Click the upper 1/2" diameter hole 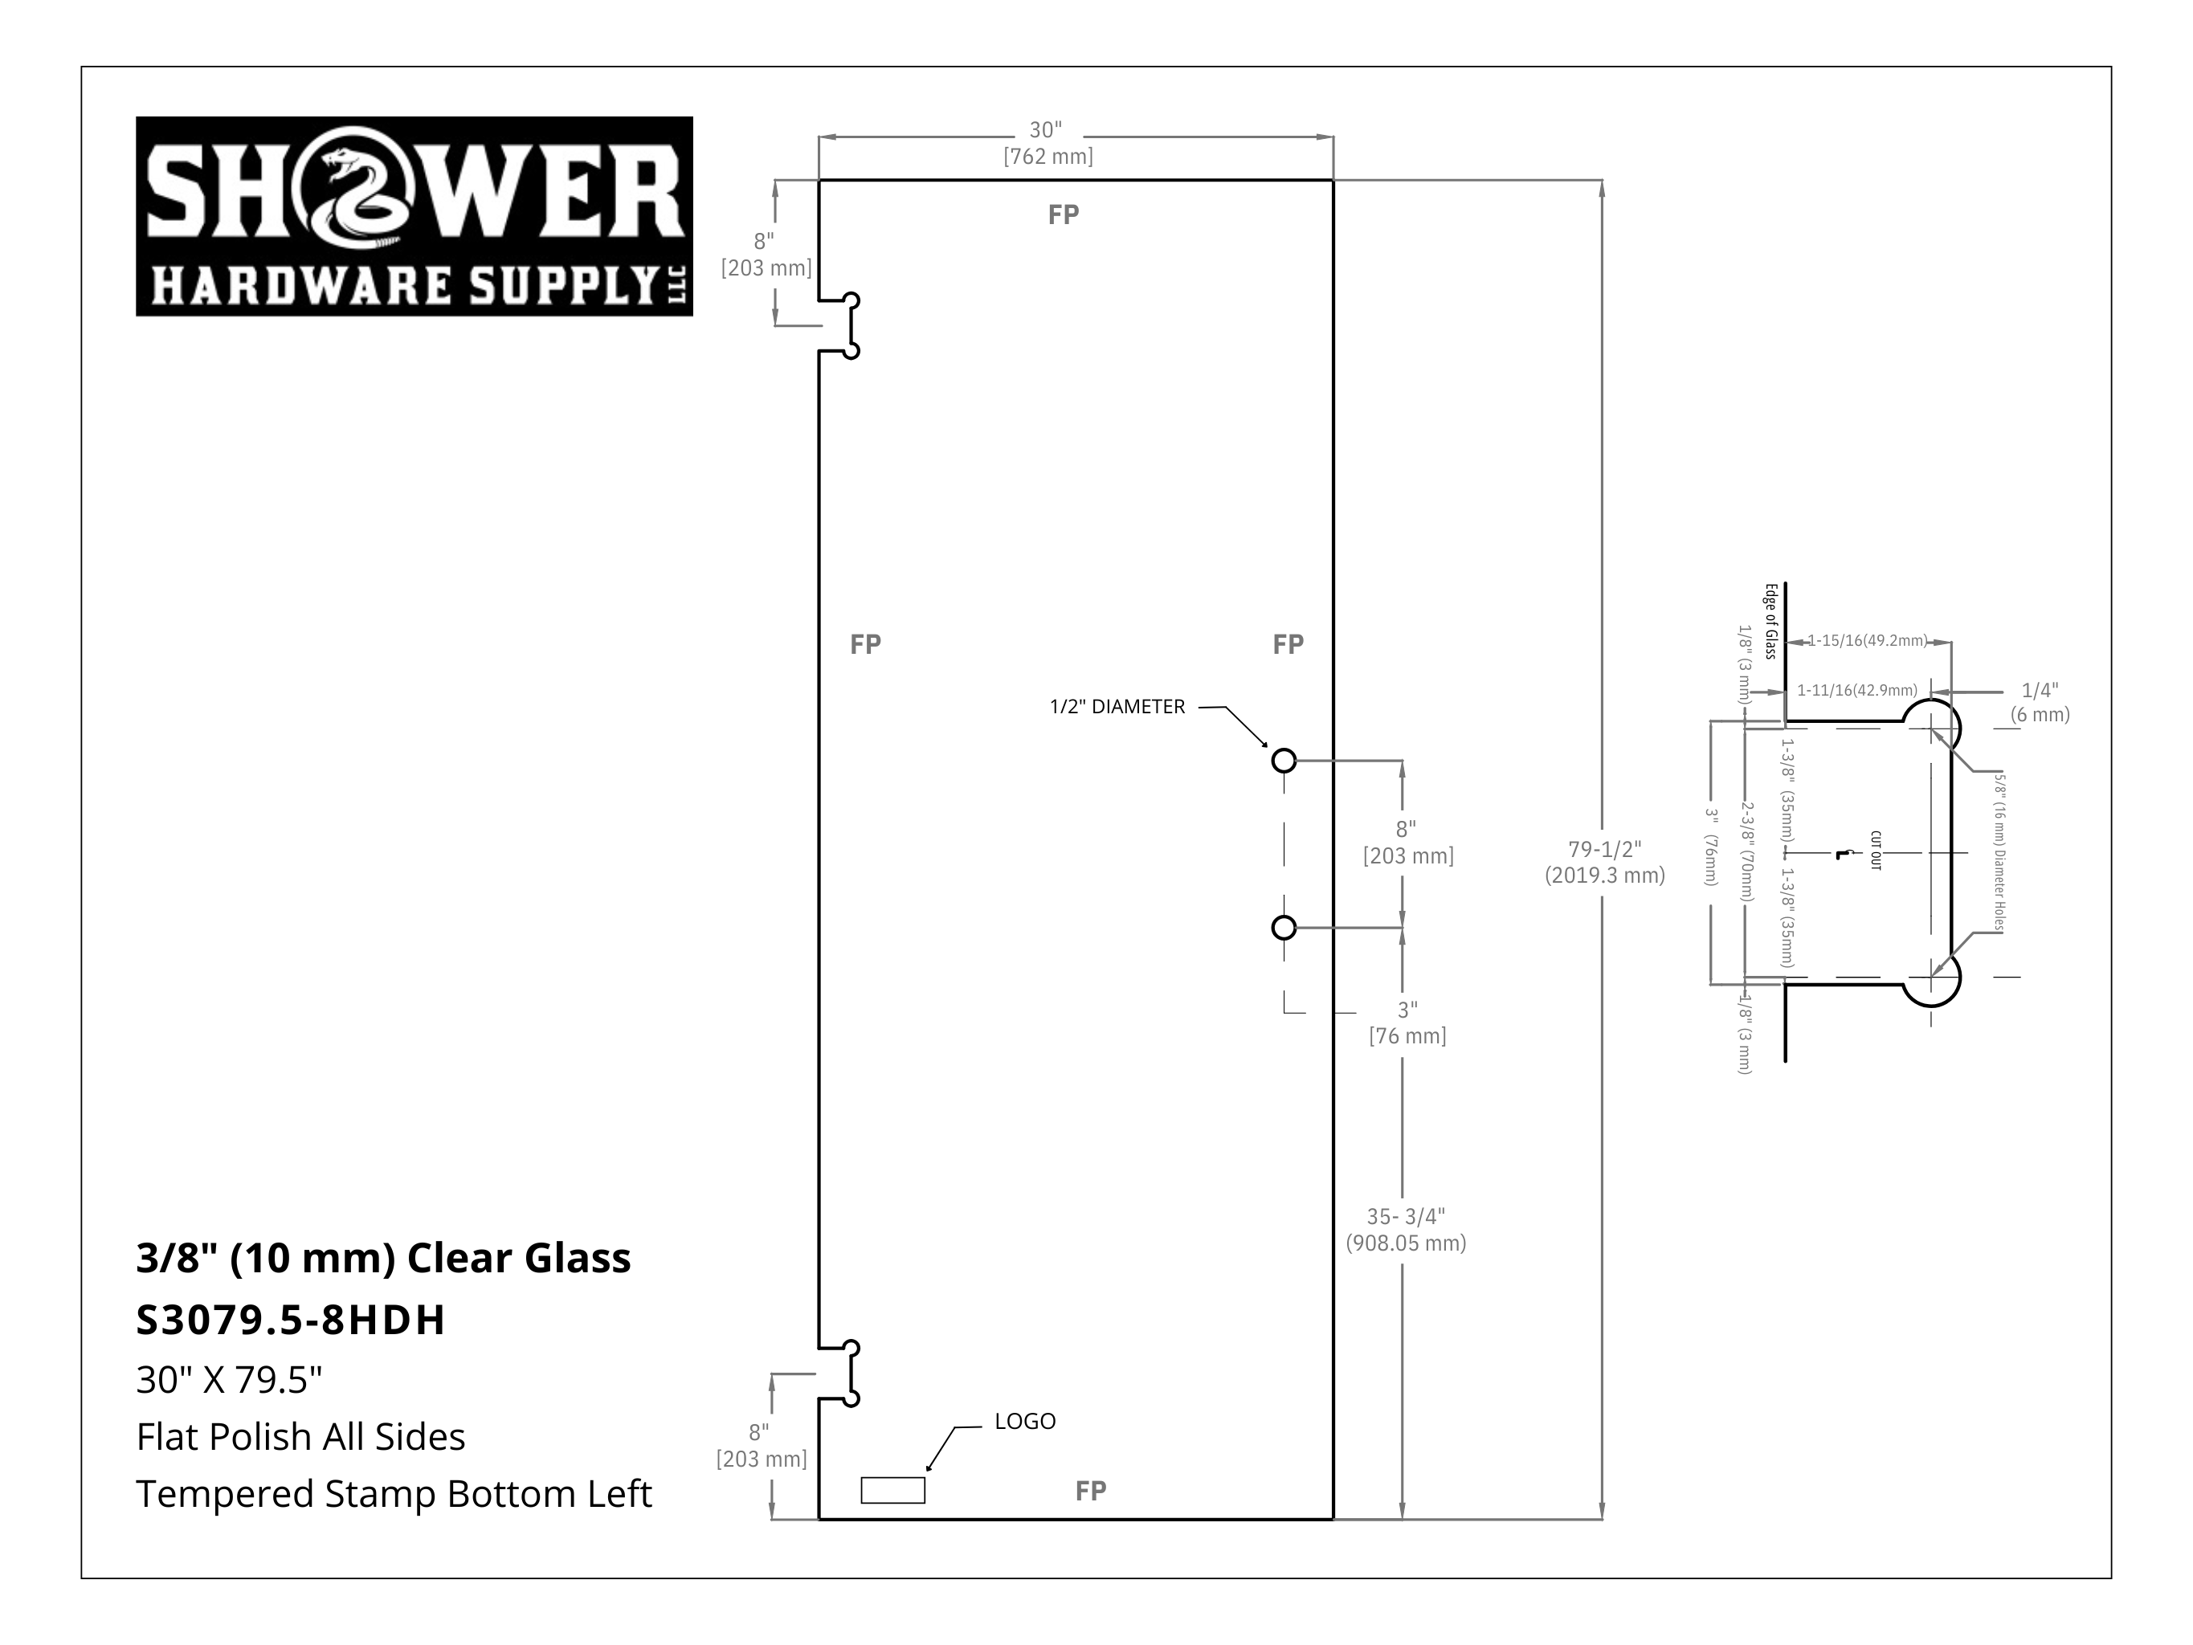(1284, 761)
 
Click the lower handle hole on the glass (1284, 927)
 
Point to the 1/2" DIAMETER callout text (1117, 707)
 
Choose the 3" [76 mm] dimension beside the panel (1408, 1023)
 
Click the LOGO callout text (1025, 1421)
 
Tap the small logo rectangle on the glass (892, 1490)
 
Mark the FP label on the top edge (1064, 214)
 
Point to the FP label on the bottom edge (1091, 1490)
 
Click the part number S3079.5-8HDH (291, 1320)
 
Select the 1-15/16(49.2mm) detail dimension (1867, 640)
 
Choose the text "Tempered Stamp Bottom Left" (394, 1493)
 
